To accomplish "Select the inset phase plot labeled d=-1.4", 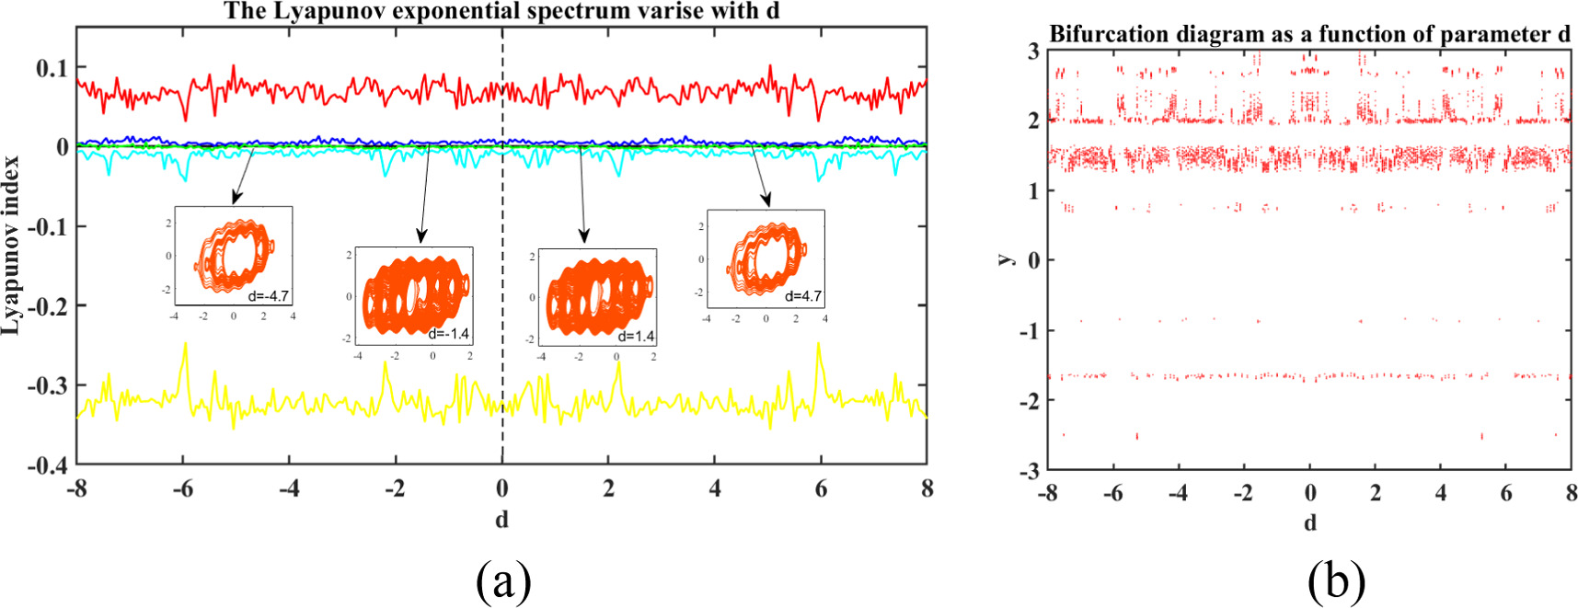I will [414, 295].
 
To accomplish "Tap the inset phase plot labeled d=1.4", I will [597, 295].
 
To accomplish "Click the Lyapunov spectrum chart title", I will [502, 12].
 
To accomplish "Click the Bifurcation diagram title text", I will [1309, 35].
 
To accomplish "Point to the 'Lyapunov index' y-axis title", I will [11, 246].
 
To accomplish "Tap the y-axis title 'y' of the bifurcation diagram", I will [1007, 259].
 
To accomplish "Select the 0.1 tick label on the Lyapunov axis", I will [52, 68].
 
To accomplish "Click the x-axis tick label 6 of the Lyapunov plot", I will [821, 488].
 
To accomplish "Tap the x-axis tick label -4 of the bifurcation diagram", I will [1178, 493].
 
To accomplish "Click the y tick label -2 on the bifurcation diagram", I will [1031, 400].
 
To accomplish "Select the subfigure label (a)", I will [502, 580].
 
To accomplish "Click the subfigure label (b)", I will [1336, 580].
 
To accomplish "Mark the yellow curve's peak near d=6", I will [818, 345].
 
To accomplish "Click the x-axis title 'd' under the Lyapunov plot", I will [501, 520].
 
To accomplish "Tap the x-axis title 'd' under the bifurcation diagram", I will [1310, 522].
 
